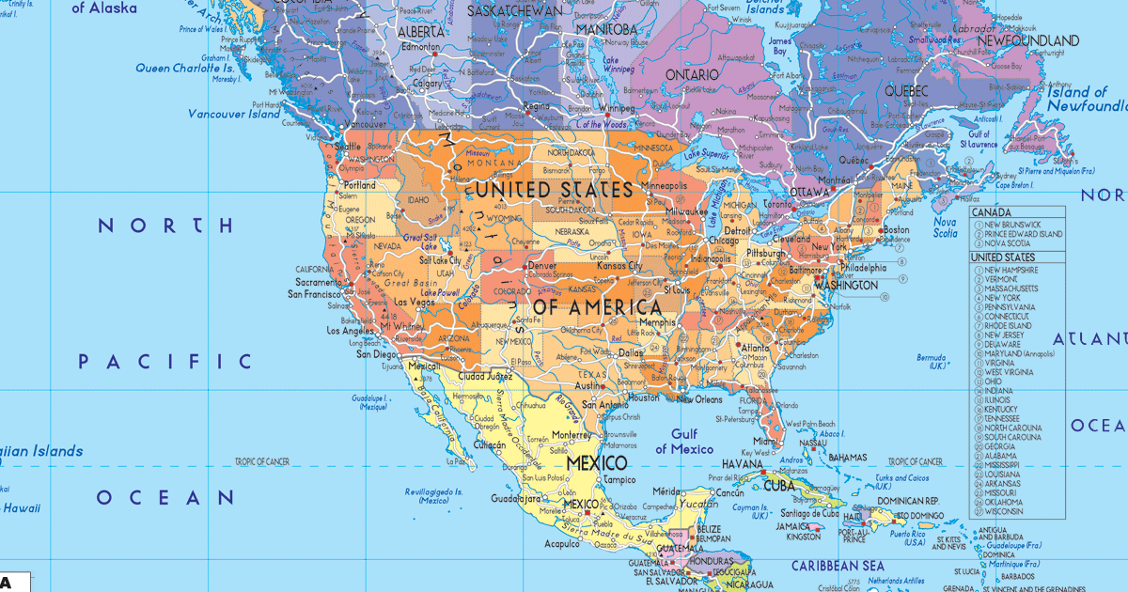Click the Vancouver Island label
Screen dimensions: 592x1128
[x=234, y=115]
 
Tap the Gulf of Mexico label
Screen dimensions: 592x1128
[x=684, y=442]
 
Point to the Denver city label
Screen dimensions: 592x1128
[x=541, y=266]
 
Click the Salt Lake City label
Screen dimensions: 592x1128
[x=440, y=260]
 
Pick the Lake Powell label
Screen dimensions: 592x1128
[x=441, y=292]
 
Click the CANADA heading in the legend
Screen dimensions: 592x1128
[x=991, y=212]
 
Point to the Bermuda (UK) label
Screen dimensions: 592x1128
[x=931, y=362]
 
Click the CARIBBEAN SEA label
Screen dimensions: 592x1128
[x=838, y=566]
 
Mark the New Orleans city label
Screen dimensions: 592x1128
[x=699, y=399]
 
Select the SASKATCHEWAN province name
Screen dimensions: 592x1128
[x=515, y=10]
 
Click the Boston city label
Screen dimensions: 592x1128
[x=896, y=230]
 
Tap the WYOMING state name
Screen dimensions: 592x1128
[x=505, y=219]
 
